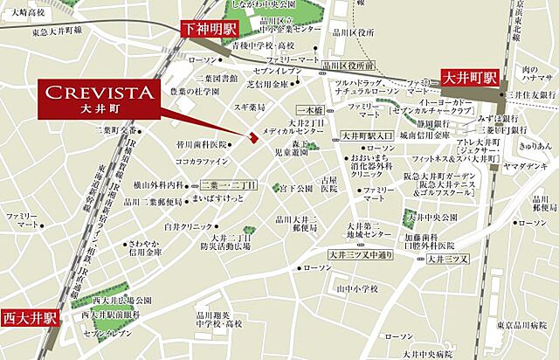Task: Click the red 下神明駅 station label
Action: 210,28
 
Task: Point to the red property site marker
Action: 253,135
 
